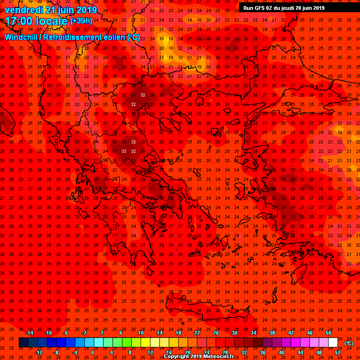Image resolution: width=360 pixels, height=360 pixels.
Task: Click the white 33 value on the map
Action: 124,151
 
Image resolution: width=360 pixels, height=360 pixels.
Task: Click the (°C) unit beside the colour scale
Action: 349,343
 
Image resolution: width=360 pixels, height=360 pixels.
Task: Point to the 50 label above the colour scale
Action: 328,333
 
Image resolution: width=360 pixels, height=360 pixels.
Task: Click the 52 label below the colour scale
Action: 337,352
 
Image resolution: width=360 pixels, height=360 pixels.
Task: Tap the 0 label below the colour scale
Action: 92,352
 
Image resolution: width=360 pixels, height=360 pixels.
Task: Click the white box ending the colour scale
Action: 333,343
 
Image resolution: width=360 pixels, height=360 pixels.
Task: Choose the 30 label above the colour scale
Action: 234,333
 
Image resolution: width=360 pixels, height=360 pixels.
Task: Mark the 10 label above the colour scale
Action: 141,333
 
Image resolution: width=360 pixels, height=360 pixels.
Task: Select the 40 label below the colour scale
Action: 281,352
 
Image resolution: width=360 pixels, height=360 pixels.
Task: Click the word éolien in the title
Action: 108,37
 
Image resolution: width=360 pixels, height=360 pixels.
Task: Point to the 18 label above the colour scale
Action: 178,333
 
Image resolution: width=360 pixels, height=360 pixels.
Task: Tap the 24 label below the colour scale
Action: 206,352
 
